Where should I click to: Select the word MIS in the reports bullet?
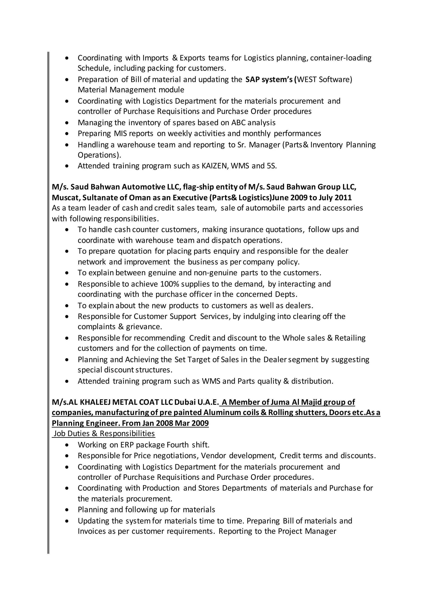(x=120, y=133)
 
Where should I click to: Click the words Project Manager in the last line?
(x=307, y=531)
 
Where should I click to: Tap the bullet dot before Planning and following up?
(x=67, y=510)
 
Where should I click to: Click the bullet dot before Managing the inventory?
(x=67, y=123)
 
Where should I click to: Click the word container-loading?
(x=341, y=58)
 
